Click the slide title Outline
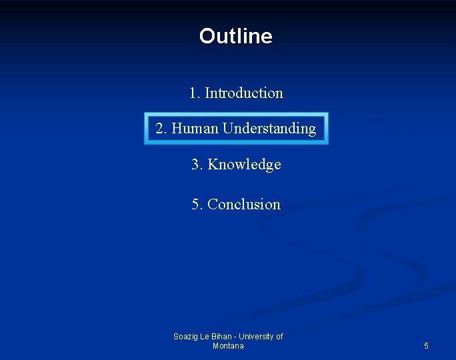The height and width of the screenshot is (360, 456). (x=235, y=36)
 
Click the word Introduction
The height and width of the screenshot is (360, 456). (x=244, y=93)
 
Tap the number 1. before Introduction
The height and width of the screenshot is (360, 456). (x=195, y=93)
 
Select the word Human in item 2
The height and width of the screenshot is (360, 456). (x=195, y=128)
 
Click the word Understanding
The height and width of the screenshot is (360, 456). (x=269, y=128)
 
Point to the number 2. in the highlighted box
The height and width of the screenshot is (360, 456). (x=161, y=128)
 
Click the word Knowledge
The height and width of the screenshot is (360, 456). (x=245, y=164)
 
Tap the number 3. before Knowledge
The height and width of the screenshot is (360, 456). (x=197, y=164)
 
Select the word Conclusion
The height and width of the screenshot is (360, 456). (x=244, y=204)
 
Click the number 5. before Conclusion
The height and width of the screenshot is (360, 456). (x=197, y=204)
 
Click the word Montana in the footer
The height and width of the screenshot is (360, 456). (x=228, y=346)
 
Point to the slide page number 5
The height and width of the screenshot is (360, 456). (x=427, y=346)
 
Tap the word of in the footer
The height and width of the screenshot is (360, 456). (x=279, y=337)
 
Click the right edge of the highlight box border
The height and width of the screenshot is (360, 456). (x=327, y=128)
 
